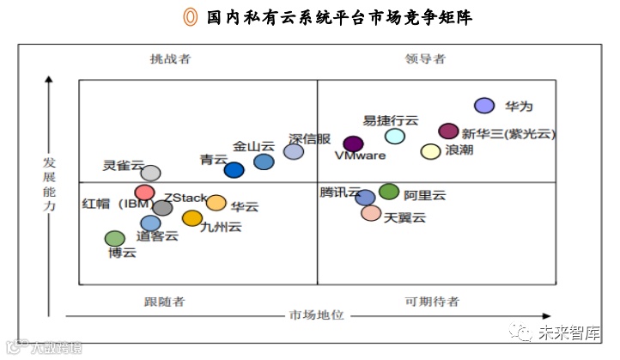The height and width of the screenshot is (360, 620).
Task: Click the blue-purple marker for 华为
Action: click(x=484, y=106)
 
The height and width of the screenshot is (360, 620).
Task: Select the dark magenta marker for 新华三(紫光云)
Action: click(x=448, y=131)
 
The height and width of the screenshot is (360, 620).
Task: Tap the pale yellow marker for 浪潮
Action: click(x=430, y=151)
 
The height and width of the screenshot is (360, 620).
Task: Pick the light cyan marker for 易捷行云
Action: click(x=395, y=136)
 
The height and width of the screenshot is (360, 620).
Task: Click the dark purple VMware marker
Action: click(x=353, y=143)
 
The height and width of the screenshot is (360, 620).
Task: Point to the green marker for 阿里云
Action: click(x=389, y=192)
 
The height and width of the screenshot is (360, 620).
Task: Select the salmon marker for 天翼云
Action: click(x=371, y=212)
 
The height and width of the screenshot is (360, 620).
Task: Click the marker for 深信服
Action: click(x=294, y=151)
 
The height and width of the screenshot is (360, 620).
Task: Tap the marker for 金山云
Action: click(x=264, y=162)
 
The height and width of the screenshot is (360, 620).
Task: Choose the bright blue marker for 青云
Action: click(x=234, y=170)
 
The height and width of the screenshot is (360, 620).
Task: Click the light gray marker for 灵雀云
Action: click(x=150, y=174)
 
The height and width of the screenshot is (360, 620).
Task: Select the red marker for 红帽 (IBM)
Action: click(x=144, y=192)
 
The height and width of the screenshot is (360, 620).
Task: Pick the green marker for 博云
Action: click(x=114, y=238)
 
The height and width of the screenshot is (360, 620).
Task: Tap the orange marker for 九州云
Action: click(x=192, y=218)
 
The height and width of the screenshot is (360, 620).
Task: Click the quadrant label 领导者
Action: click(x=426, y=59)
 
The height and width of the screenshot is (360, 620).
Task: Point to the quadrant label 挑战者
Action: click(x=170, y=59)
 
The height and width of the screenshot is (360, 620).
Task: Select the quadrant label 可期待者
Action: click(x=431, y=301)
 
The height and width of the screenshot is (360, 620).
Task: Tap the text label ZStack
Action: click(x=185, y=198)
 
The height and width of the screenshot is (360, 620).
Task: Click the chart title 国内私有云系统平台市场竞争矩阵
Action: click(x=340, y=17)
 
